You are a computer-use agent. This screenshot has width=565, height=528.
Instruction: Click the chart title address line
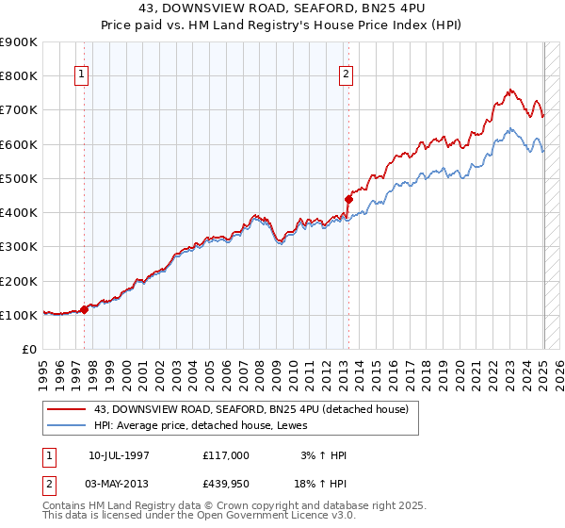pyautogui.click(x=282, y=8)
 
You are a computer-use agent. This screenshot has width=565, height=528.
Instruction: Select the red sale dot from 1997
pyautogui.click(x=85, y=308)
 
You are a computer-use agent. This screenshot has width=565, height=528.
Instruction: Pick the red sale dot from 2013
pyautogui.click(x=348, y=199)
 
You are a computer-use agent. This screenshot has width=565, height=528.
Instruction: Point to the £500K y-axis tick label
pyautogui.click(x=19, y=178)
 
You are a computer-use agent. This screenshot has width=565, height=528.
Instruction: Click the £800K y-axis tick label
pyautogui.click(x=19, y=75)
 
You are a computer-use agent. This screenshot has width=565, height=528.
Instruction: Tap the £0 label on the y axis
pyautogui.click(x=28, y=349)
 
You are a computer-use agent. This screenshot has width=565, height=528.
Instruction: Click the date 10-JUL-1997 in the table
pyautogui.click(x=119, y=455)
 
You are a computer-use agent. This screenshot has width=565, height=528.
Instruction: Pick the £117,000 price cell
pyautogui.click(x=226, y=455)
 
